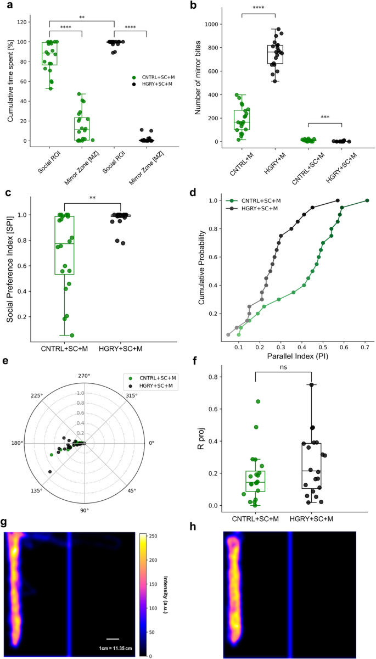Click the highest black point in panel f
tap(312, 385)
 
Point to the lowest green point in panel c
tap(71, 335)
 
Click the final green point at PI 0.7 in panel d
tap(367, 200)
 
